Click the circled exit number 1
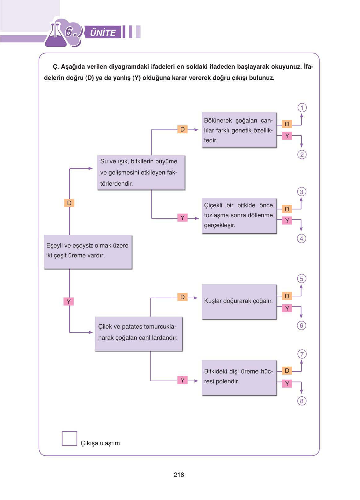pos(302,108)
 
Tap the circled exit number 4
pos(301,239)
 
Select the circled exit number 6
pos(301,325)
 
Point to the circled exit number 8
pos(301,401)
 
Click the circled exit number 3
pos(301,192)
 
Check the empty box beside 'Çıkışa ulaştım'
pos(69,438)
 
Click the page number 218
pos(179,475)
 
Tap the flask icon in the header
pos(56,36)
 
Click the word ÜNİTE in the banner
pos(103,32)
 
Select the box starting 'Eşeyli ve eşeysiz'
pos(88,252)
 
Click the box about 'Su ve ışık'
pos(141,173)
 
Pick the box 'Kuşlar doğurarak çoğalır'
pos(239,302)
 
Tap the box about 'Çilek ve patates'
pos(138,334)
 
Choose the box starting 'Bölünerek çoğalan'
pos(239,130)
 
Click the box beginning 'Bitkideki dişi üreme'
pos(239,377)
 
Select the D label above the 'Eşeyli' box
pos(69,203)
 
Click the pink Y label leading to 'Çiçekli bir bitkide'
pos(183,218)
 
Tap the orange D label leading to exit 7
pos(287,371)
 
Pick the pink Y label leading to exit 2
pos(287,136)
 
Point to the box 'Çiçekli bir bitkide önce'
pos(239,216)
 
